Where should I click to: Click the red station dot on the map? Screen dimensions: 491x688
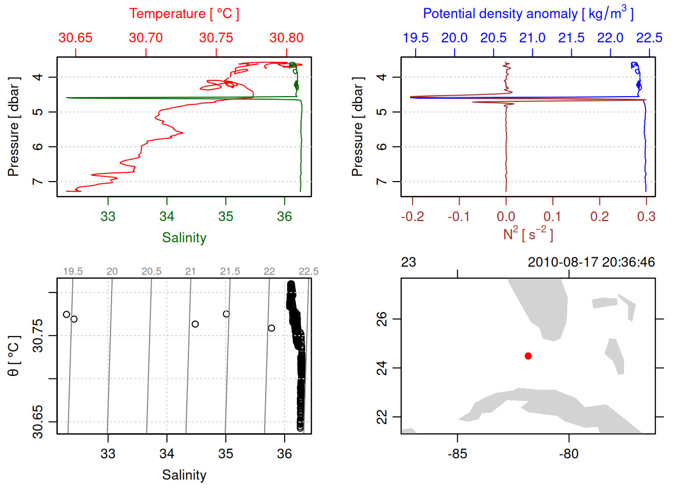[x=528, y=356]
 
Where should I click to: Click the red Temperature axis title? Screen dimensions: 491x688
[x=184, y=14]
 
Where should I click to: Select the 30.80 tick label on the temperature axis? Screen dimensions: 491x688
[x=286, y=38]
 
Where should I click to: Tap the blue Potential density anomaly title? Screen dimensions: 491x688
[x=528, y=14]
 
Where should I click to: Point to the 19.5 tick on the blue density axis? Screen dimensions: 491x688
[x=416, y=38]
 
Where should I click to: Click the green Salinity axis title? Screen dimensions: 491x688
[x=184, y=238]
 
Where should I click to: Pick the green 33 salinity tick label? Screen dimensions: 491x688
[x=108, y=217]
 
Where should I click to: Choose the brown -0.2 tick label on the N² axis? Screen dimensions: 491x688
[x=413, y=217]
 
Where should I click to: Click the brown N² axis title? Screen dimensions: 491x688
[x=528, y=234]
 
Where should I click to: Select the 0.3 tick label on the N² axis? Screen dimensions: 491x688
[x=646, y=217]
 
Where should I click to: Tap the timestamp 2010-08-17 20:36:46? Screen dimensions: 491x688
[x=591, y=262]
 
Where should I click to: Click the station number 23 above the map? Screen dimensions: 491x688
[x=408, y=262]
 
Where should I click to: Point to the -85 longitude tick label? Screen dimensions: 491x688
[x=457, y=454]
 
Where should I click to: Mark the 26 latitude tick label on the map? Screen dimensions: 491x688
[x=382, y=319]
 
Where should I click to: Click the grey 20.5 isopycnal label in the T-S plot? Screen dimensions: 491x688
[x=152, y=272]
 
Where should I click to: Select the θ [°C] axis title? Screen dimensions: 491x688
[x=13, y=356]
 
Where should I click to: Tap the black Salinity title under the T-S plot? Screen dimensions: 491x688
[x=184, y=475]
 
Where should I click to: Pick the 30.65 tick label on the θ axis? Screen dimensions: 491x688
[x=38, y=422]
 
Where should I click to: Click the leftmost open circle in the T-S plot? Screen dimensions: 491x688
[x=67, y=314]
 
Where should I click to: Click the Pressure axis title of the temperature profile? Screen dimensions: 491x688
[x=13, y=127]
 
